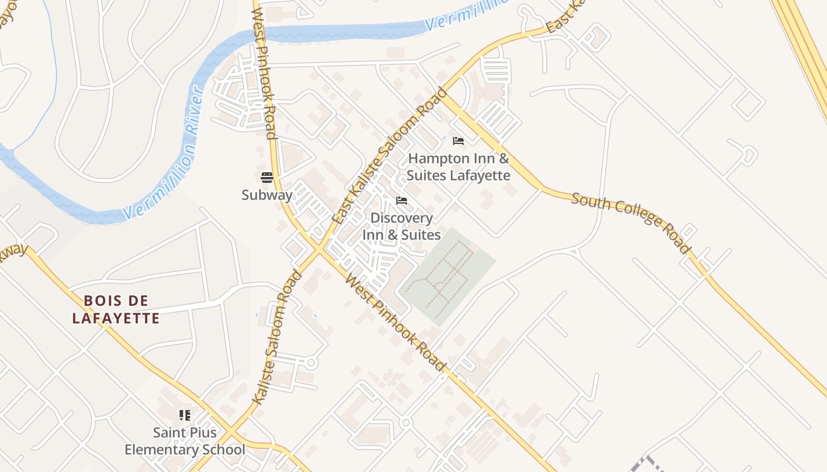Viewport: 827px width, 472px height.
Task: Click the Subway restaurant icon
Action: [x=266, y=178]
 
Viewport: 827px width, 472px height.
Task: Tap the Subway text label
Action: [x=266, y=195]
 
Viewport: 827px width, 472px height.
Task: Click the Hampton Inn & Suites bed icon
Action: [x=458, y=141]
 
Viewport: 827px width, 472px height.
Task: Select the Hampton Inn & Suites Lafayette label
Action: [x=458, y=167]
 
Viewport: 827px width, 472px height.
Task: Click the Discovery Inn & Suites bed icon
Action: [x=402, y=201]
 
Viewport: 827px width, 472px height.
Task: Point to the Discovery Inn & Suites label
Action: [x=402, y=227]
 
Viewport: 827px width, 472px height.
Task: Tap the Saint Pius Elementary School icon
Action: [x=185, y=415]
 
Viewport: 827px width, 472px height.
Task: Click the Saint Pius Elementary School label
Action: [x=185, y=441]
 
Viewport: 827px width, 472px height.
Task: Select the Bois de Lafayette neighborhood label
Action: [x=116, y=310]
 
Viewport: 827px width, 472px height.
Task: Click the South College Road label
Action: [x=631, y=222]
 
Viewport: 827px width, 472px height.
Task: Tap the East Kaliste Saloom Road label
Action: [x=390, y=156]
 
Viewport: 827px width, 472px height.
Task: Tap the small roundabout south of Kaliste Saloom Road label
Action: [x=312, y=362]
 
